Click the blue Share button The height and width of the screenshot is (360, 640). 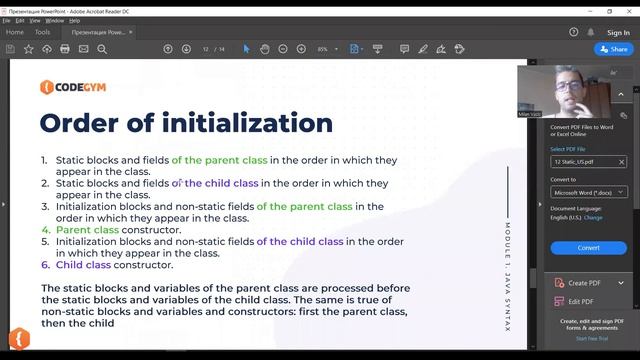[614, 49]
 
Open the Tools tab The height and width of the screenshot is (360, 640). [42, 32]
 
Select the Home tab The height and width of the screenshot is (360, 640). [15, 32]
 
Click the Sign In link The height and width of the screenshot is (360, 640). [618, 32]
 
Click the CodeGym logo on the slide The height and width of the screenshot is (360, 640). [75, 87]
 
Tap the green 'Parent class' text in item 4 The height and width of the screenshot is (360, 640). [87, 230]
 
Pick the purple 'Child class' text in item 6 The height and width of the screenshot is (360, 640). [83, 265]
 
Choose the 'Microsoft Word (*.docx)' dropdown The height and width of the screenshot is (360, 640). [588, 192]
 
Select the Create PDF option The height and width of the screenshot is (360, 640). [584, 283]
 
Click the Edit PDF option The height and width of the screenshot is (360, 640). [580, 301]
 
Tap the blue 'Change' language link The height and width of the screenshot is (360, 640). [593, 217]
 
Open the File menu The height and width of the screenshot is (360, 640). [6, 20]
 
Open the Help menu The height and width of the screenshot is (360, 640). [75, 20]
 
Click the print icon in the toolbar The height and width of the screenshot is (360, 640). [65, 49]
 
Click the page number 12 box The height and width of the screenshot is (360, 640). [205, 49]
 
